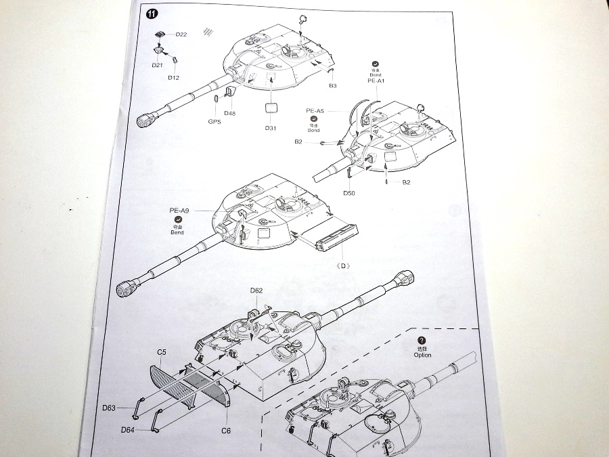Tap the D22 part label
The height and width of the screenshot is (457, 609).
pyautogui.click(x=181, y=35)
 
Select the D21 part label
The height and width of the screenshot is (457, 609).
pyautogui.click(x=157, y=65)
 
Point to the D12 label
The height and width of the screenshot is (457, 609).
pyautogui.click(x=173, y=78)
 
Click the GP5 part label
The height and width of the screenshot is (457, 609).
pyautogui.click(x=215, y=122)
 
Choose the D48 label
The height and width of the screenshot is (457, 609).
pyautogui.click(x=229, y=113)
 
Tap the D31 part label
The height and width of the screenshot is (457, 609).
pyautogui.click(x=271, y=129)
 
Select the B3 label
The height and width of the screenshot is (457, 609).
pyautogui.click(x=333, y=86)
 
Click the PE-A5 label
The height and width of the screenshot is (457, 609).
pyautogui.click(x=315, y=110)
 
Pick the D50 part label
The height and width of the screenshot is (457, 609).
pyautogui.click(x=349, y=194)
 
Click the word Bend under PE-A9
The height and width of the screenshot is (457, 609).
pyautogui.click(x=177, y=233)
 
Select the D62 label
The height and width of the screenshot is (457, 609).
pyautogui.click(x=256, y=290)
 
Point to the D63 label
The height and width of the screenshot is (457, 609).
pyautogui.click(x=110, y=408)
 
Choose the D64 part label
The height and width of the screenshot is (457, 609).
pyautogui.click(x=128, y=430)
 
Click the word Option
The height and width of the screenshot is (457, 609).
pyautogui.click(x=422, y=355)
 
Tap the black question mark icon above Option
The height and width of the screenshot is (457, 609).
pyautogui.click(x=422, y=341)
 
